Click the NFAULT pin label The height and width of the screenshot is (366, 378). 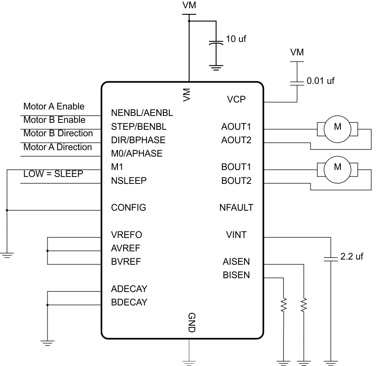click(x=236, y=208)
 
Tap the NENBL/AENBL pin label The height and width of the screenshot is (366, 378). click(x=142, y=114)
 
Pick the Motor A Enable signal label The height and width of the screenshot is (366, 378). click(x=54, y=106)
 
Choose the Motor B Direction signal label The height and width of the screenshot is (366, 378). click(x=57, y=133)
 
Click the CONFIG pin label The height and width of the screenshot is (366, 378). click(x=128, y=208)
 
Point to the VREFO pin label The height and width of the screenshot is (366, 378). click(x=126, y=235)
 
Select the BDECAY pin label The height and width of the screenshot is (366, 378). click(x=129, y=302)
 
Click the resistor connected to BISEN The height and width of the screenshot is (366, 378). click(x=284, y=305)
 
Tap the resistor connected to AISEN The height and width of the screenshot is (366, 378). click(x=304, y=305)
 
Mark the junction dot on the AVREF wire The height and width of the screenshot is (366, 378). click(x=47, y=250)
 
